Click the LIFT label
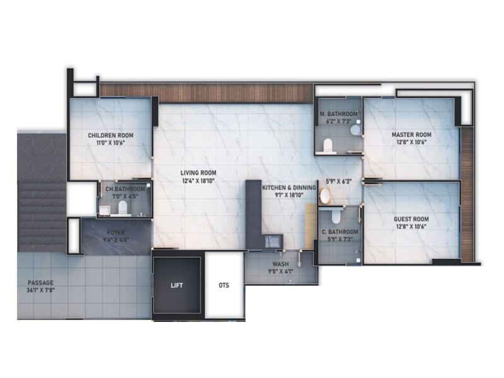tap(176, 285)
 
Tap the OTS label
tap(224, 285)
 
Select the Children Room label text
tap(110, 135)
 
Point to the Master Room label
tap(411, 135)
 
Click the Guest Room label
tap(411, 219)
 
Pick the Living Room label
tap(198, 173)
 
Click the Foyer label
tap(115, 232)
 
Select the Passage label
tap(40, 283)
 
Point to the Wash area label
tap(280, 265)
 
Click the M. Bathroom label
tap(339, 114)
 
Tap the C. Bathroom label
tap(340, 232)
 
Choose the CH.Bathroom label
tap(125, 188)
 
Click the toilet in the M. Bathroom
tap(326, 146)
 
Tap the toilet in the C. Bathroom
tap(335, 216)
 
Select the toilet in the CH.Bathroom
tap(123, 207)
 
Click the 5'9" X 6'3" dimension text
tap(338, 181)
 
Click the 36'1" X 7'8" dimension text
tap(40, 291)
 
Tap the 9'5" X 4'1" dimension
tap(280, 272)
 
